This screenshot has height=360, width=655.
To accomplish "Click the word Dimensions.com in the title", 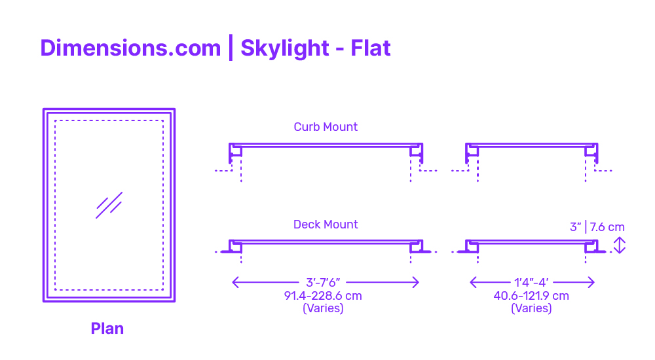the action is tap(130, 48).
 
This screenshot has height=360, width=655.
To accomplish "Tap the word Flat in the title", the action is tap(371, 48).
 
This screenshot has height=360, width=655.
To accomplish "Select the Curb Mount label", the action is tap(326, 127).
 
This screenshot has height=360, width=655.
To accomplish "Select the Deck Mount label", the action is tap(326, 225).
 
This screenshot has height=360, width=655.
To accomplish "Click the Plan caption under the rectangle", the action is tap(107, 329).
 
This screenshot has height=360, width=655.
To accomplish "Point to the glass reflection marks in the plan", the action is tap(109, 205).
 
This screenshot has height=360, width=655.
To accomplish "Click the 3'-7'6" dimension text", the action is tap(323, 283).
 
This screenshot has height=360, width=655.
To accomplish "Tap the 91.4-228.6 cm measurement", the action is tap(323, 296).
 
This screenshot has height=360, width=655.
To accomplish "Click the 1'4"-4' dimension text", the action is tap(531, 283).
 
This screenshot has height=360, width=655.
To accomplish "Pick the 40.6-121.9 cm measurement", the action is tap(531, 296).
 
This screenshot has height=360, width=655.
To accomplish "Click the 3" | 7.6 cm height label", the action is tap(597, 227).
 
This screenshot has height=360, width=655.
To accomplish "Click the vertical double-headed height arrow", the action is tap(620, 245).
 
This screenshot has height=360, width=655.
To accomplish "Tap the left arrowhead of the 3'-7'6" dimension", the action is tap(235, 282).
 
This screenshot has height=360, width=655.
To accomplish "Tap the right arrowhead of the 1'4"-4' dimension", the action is tap(591, 282).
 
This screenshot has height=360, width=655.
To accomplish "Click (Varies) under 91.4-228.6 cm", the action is tap(323, 309).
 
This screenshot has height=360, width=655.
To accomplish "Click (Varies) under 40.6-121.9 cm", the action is tap(531, 309).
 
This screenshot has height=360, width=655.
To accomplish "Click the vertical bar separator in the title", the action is tap(231, 48).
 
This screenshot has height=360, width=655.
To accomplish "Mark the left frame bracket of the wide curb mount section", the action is tap(236, 153).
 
